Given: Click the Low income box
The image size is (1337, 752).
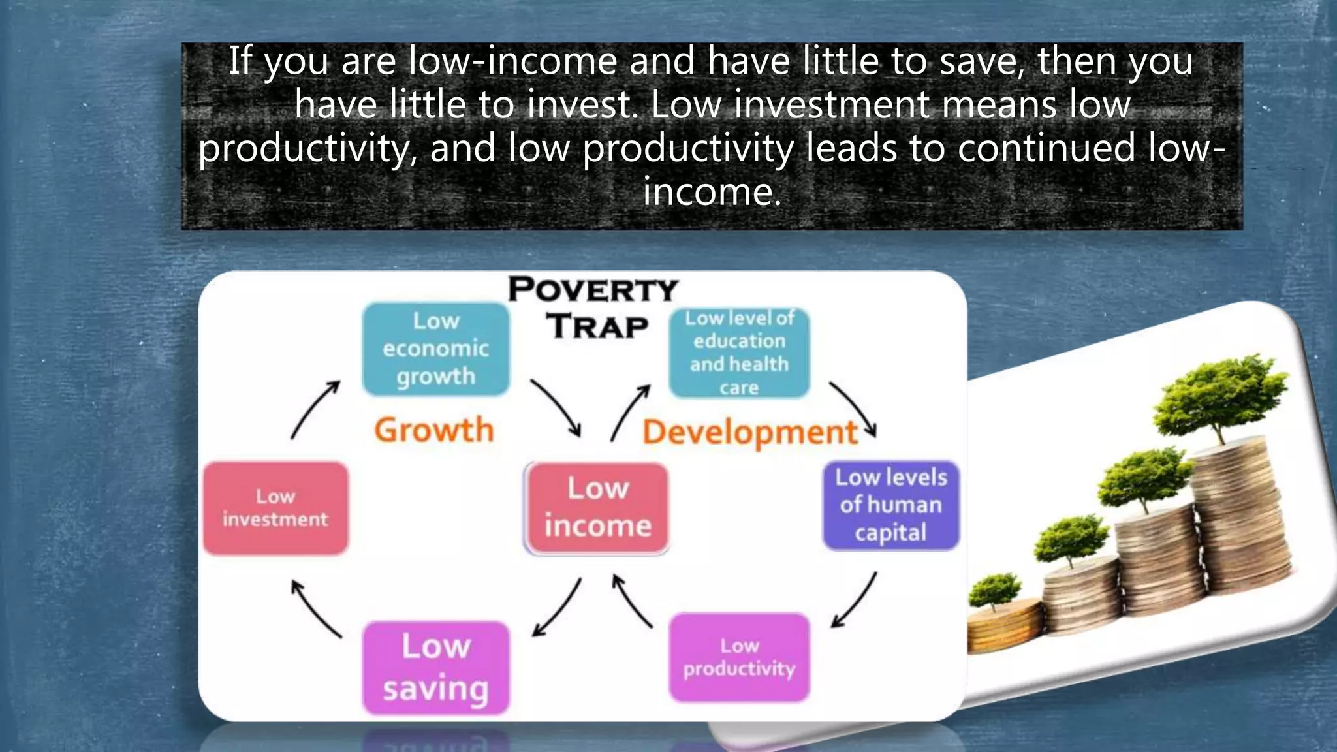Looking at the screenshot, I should pos(597,508).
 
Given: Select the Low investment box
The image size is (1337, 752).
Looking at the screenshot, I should pos(275,508).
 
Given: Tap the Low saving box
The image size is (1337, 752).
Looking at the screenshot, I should pos(435,667).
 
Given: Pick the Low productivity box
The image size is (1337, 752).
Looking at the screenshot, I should pos(739,657).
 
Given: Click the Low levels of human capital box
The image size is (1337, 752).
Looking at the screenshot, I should pos(890,505).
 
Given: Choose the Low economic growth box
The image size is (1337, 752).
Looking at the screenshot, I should pos(435,349).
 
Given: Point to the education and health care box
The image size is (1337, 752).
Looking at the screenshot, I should pos(739,352).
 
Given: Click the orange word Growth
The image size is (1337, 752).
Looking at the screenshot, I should pos(433,430).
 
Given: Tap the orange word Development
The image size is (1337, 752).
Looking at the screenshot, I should pos(749,432).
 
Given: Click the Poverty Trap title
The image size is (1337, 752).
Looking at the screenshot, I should pos(593,307).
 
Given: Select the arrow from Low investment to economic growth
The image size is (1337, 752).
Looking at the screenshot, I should pos(315,410).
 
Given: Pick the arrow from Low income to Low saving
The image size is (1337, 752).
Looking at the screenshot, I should pos(557,607).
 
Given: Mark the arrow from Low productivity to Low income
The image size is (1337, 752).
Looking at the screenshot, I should pos(631,601).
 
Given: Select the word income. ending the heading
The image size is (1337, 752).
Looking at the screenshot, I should pos(712,192).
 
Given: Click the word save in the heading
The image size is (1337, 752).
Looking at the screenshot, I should pos(981,61).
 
